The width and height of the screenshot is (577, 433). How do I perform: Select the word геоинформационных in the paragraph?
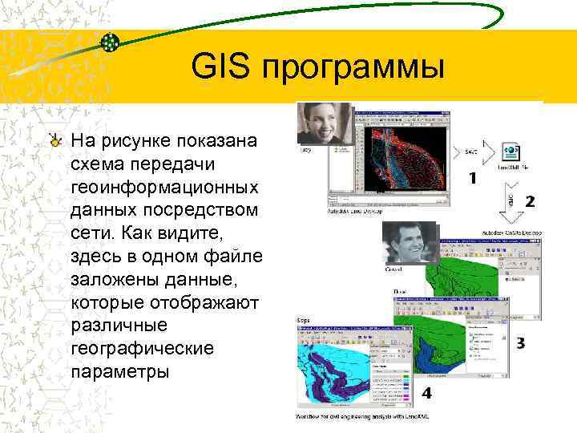[x=164, y=187]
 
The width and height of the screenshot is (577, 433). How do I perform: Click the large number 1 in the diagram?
[x=473, y=179]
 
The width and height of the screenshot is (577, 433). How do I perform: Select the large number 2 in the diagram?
[x=530, y=201]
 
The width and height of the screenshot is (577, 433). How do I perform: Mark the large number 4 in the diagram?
[x=426, y=393]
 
